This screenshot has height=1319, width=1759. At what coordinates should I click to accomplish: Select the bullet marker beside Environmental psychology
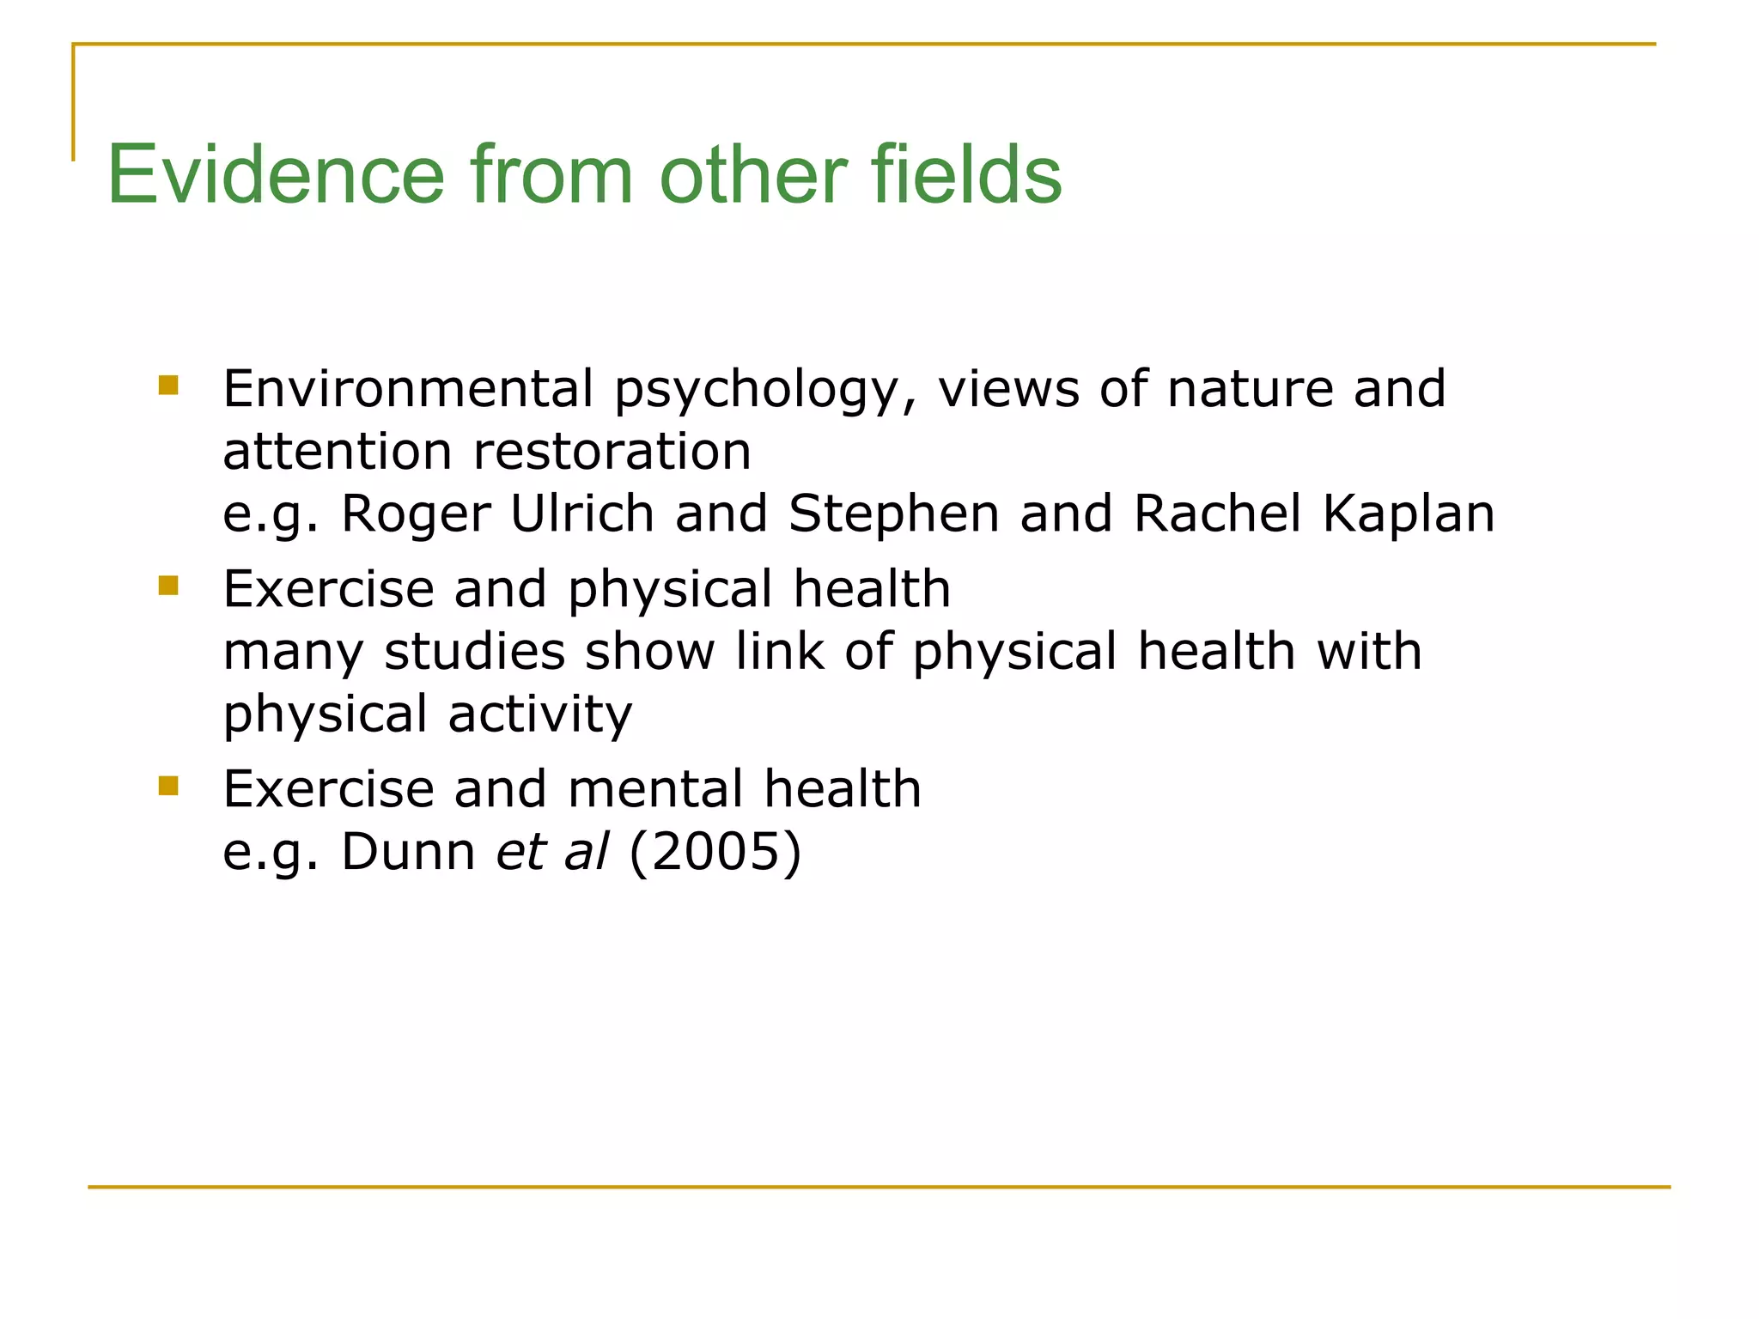point(168,385)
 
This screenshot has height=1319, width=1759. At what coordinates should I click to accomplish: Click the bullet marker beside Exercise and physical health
point(168,586)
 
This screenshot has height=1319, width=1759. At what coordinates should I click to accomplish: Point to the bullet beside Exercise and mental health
point(168,786)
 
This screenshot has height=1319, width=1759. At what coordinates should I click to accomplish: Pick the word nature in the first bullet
point(1250,388)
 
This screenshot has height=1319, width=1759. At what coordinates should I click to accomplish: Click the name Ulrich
point(581,514)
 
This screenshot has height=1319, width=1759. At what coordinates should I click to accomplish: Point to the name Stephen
point(893,515)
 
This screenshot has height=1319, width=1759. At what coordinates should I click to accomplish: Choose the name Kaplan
point(1409,515)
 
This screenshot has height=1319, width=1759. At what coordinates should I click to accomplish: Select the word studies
point(474,651)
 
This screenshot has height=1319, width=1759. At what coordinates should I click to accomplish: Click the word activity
point(540,714)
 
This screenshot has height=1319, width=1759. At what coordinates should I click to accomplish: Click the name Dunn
point(408,852)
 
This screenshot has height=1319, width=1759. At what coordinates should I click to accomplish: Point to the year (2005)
point(715,852)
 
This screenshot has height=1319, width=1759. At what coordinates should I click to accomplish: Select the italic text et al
point(552,852)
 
